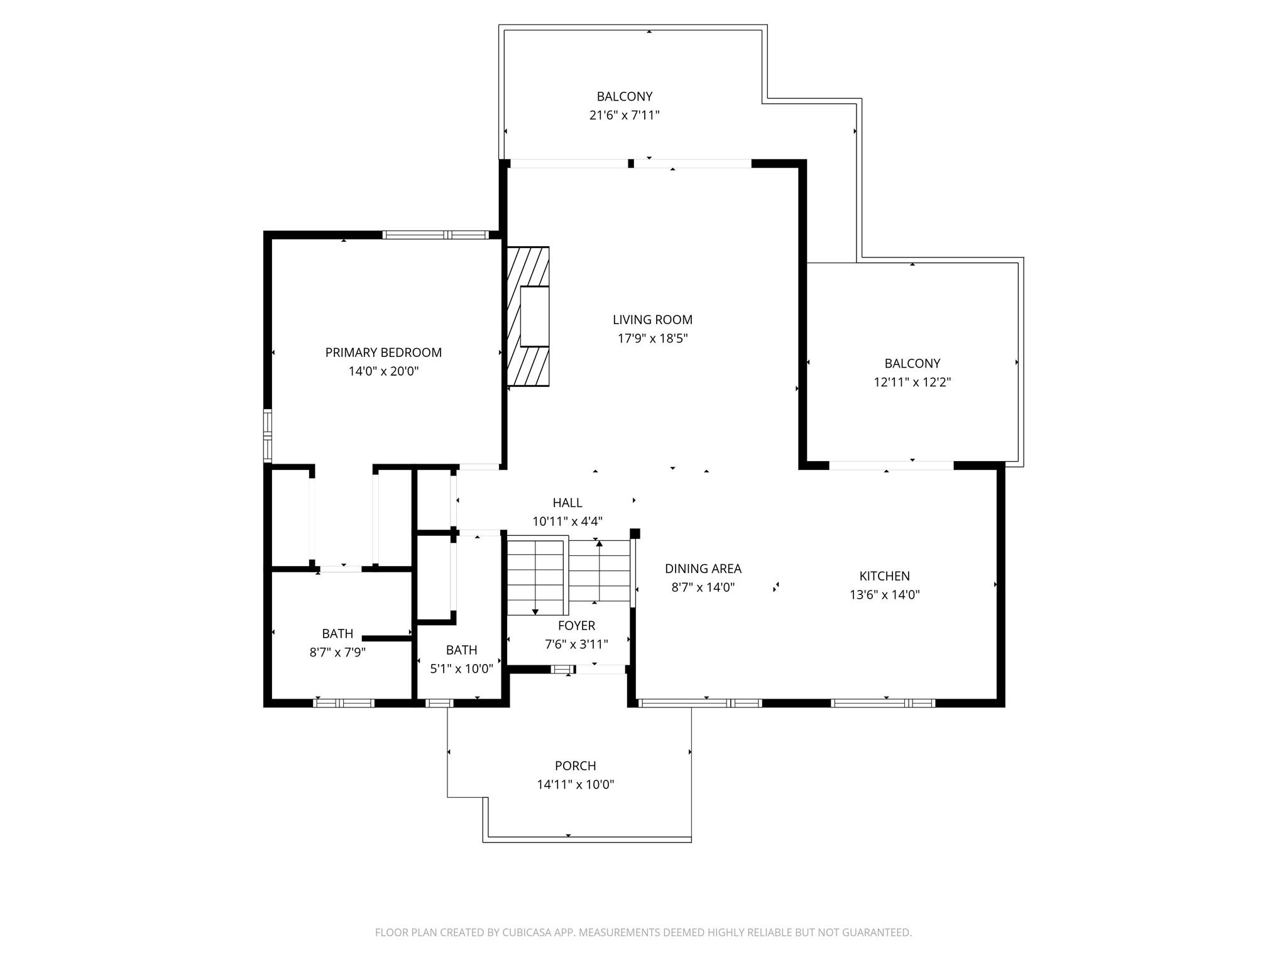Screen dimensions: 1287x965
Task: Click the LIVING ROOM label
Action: (652, 320)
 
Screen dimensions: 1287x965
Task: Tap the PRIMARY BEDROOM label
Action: (383, 352)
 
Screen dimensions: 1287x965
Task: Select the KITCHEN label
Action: (884, 576)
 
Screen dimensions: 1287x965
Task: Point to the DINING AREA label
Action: (703, 569)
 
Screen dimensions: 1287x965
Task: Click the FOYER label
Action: (576, 626)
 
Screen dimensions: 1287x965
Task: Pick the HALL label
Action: (567, 503)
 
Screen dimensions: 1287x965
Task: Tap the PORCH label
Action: (576, 766)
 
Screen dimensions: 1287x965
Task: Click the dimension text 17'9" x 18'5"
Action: (652, 339)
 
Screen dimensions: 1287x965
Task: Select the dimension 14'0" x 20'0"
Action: (383, 371)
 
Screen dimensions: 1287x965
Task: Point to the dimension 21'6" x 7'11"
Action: (624, 116)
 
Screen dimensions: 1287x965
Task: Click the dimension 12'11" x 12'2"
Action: (912, 382)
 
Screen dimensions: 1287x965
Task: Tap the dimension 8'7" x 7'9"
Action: (337, 652)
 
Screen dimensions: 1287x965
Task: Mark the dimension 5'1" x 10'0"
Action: (461, 669)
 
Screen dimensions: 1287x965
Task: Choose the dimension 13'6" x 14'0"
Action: (884, 595)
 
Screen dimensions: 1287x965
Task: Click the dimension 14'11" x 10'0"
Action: (576, 785)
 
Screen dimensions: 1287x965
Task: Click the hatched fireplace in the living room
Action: (528, 316)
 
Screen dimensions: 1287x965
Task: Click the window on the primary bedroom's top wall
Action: (435, 235)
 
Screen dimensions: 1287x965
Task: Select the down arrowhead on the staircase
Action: (535, 611)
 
